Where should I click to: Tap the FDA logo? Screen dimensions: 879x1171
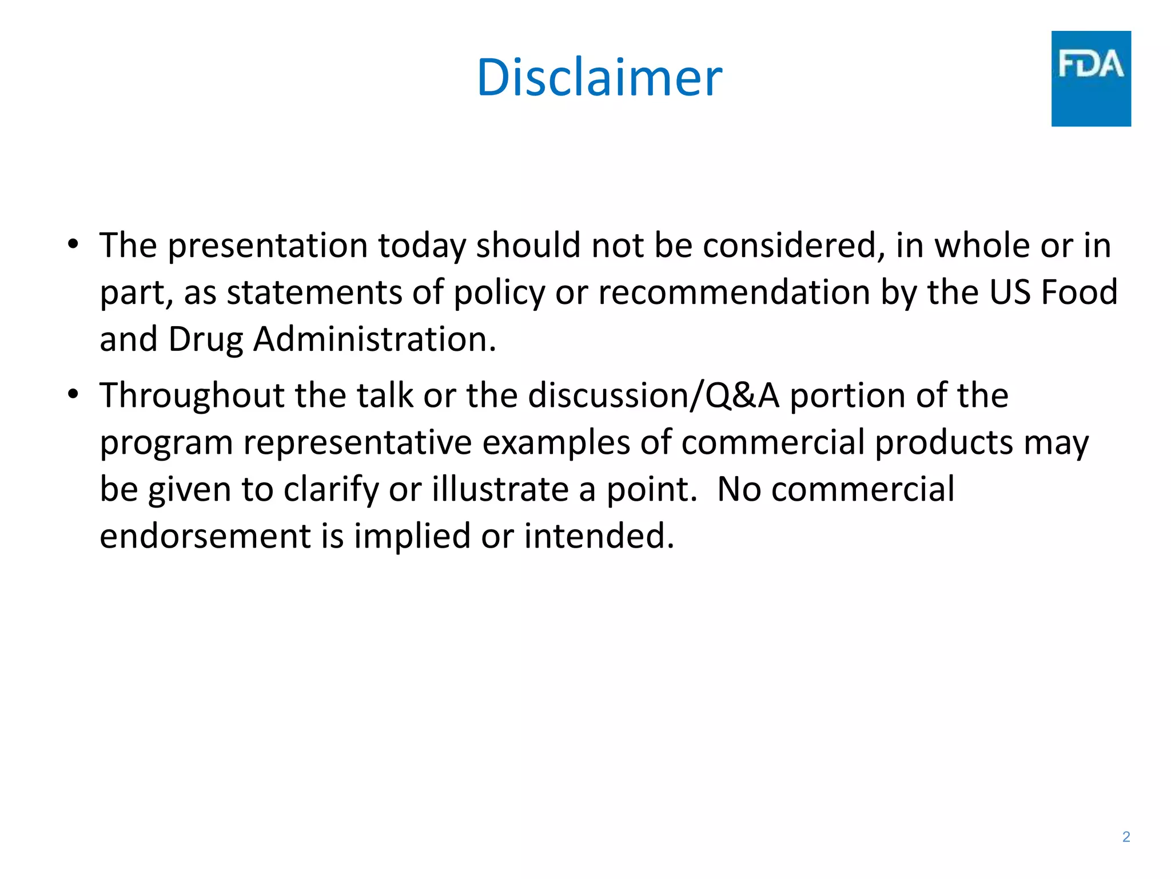[1090, 78]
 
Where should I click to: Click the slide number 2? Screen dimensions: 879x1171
[1126, 837]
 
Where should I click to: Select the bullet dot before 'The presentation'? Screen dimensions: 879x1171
[73, 244]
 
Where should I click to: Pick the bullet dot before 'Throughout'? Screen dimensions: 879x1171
[73, 394]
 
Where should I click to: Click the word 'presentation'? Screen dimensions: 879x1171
[268, 246]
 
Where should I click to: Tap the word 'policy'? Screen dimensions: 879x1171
[499, 293]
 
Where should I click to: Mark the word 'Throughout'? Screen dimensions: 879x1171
[192, 396]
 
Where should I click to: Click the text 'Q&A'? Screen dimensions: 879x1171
[742, 396]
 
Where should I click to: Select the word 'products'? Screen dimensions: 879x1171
[944, 443]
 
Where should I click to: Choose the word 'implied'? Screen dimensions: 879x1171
[412, 537]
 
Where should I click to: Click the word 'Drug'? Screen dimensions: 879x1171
[206, 340]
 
